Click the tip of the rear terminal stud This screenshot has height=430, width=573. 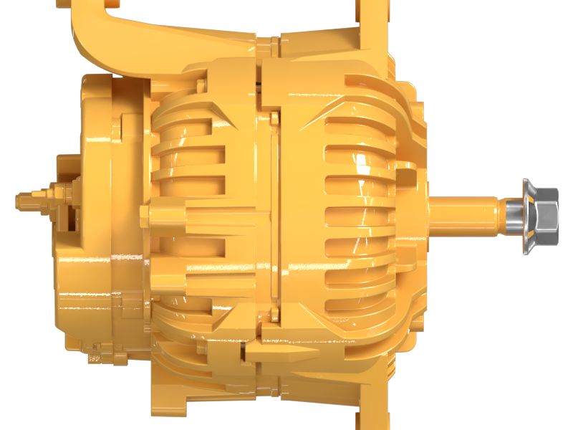coord(20,200)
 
